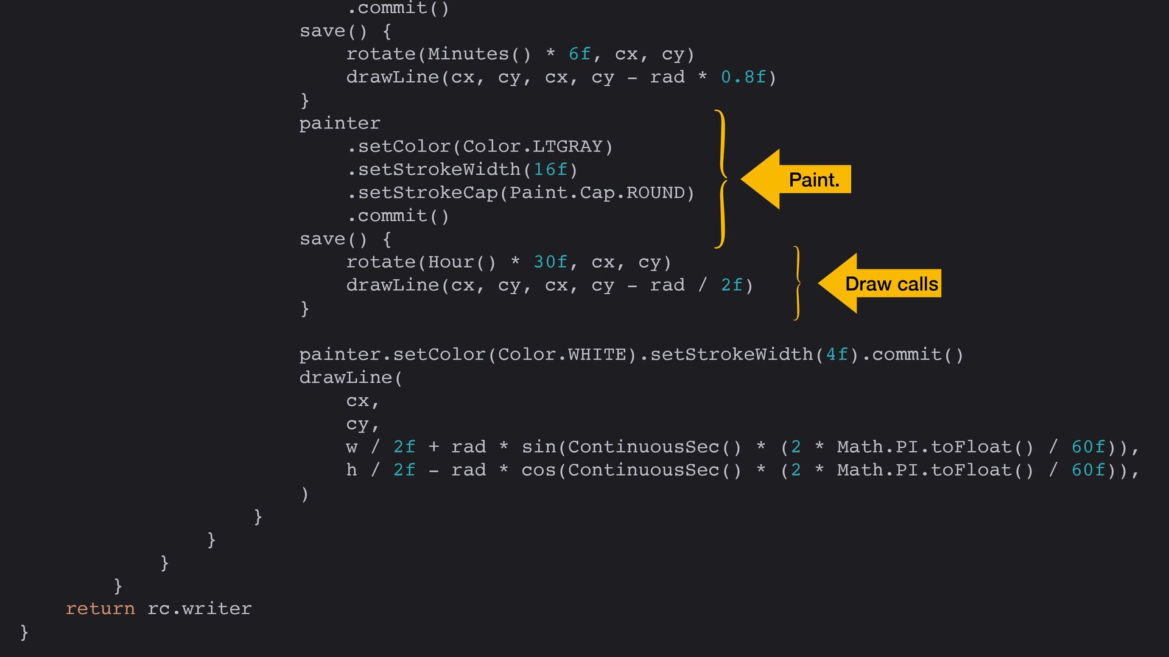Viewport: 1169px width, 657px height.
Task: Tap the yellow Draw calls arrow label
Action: click(x=891, y=284)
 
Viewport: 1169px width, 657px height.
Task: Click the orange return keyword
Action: click(x=100, y=608)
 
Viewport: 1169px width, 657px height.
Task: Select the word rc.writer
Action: click(x=199, y=608)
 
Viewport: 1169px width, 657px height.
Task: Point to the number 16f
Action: click(x=550, y=169)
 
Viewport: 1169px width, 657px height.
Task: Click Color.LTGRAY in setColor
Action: click(x=532, y=147)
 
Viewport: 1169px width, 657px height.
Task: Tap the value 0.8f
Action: click(x=743, y=77)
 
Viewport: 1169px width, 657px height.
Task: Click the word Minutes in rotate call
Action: click(x=468, y=54)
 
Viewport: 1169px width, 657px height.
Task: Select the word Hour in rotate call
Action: click(x=451, y=262)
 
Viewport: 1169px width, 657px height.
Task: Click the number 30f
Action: click(x=550, y=262)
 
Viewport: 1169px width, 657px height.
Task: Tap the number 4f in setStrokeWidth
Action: click(x=837, y=355)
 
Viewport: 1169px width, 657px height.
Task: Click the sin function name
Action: click(x=539, y=447)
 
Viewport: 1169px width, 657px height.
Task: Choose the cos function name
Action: click(x=539, y=470)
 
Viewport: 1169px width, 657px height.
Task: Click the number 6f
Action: click(x=580, y=54)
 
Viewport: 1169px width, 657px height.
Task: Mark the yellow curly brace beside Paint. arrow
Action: click(x=721, y=179)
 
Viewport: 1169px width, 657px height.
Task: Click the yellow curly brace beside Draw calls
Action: click(x=797, y=283)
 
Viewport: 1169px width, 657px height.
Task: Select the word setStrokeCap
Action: click(x=427, y=193)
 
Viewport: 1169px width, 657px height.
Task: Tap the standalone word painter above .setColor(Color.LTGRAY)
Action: click(x=340, y=123)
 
